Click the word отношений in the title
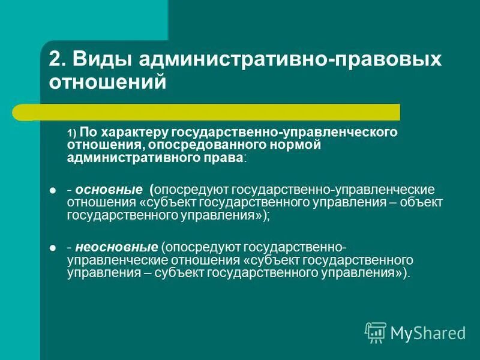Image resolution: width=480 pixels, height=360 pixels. pos(106,82)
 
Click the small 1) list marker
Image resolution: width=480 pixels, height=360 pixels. pos(72,133)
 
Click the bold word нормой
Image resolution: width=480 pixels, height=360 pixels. pos(295,145)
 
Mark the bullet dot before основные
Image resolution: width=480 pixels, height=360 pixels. pos(52,190)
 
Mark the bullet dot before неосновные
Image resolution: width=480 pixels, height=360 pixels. pos(52,248)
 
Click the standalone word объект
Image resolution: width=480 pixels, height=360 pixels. pos(424,202)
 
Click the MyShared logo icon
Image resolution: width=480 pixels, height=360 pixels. pos(375,332)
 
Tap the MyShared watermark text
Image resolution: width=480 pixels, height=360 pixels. pos(428,332)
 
